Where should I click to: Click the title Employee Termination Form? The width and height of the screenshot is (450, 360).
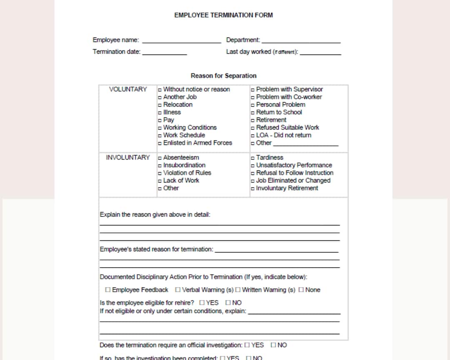[x=223, y=15]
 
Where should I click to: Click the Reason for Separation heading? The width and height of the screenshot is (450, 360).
[x=223, y=76]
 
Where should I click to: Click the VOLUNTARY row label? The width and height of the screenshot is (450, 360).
[x=128, y=89]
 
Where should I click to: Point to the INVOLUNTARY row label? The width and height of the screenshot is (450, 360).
[x=128, y=157]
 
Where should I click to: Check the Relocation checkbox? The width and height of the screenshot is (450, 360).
[x=160, y=105]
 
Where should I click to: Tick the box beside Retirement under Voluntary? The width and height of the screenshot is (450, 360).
[x=252, y=120]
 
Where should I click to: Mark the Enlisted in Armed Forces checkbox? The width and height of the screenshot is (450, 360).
[x=160, y=143]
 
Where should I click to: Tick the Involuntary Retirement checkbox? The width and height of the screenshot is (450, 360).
[x=252, y=189]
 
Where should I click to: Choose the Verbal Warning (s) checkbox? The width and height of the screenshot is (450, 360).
[x=178, y=290]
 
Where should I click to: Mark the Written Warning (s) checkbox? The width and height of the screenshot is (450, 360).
[x=238, y=290]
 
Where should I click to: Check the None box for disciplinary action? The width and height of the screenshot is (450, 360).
[x=301, y=290]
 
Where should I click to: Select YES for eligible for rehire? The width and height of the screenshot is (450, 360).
[x=202, y=302]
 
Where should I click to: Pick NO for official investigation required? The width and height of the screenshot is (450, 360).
[x=273, y=345]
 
